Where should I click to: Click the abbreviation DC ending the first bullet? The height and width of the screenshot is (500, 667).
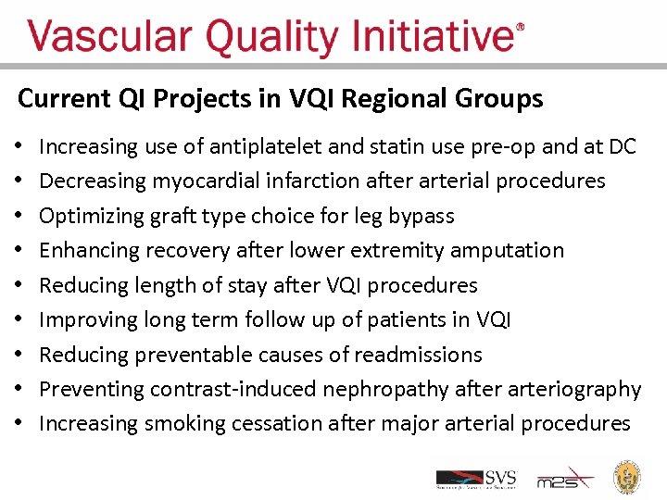point(623,146)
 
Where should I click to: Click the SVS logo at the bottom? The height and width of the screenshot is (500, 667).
point(476,478)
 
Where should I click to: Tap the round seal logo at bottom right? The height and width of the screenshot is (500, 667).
point(629,477)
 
